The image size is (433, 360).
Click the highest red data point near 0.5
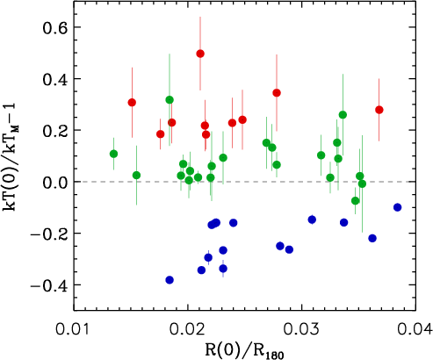coord(200,54)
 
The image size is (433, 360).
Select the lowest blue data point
coord(170,280)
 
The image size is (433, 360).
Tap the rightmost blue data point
coord(397,207)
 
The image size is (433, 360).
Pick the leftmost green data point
coord(114,154)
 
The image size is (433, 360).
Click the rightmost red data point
coord(379,110)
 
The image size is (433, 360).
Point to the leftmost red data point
coord(132,103)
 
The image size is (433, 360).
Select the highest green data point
coord(170,100)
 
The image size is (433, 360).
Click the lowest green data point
coord(356,201)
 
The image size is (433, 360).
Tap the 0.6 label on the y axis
coord(54,27)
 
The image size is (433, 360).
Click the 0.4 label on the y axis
coord(54,79)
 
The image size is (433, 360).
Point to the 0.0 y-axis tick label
coord(54,182)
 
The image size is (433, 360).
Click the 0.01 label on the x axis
coord(74,329)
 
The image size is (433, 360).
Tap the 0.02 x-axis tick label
coord(187,329)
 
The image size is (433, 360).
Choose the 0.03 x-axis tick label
coord(301,329)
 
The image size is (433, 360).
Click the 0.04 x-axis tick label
coord(415,329)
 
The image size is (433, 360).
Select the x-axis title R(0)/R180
coord(244,350)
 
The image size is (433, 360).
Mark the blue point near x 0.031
coord(312,220)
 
